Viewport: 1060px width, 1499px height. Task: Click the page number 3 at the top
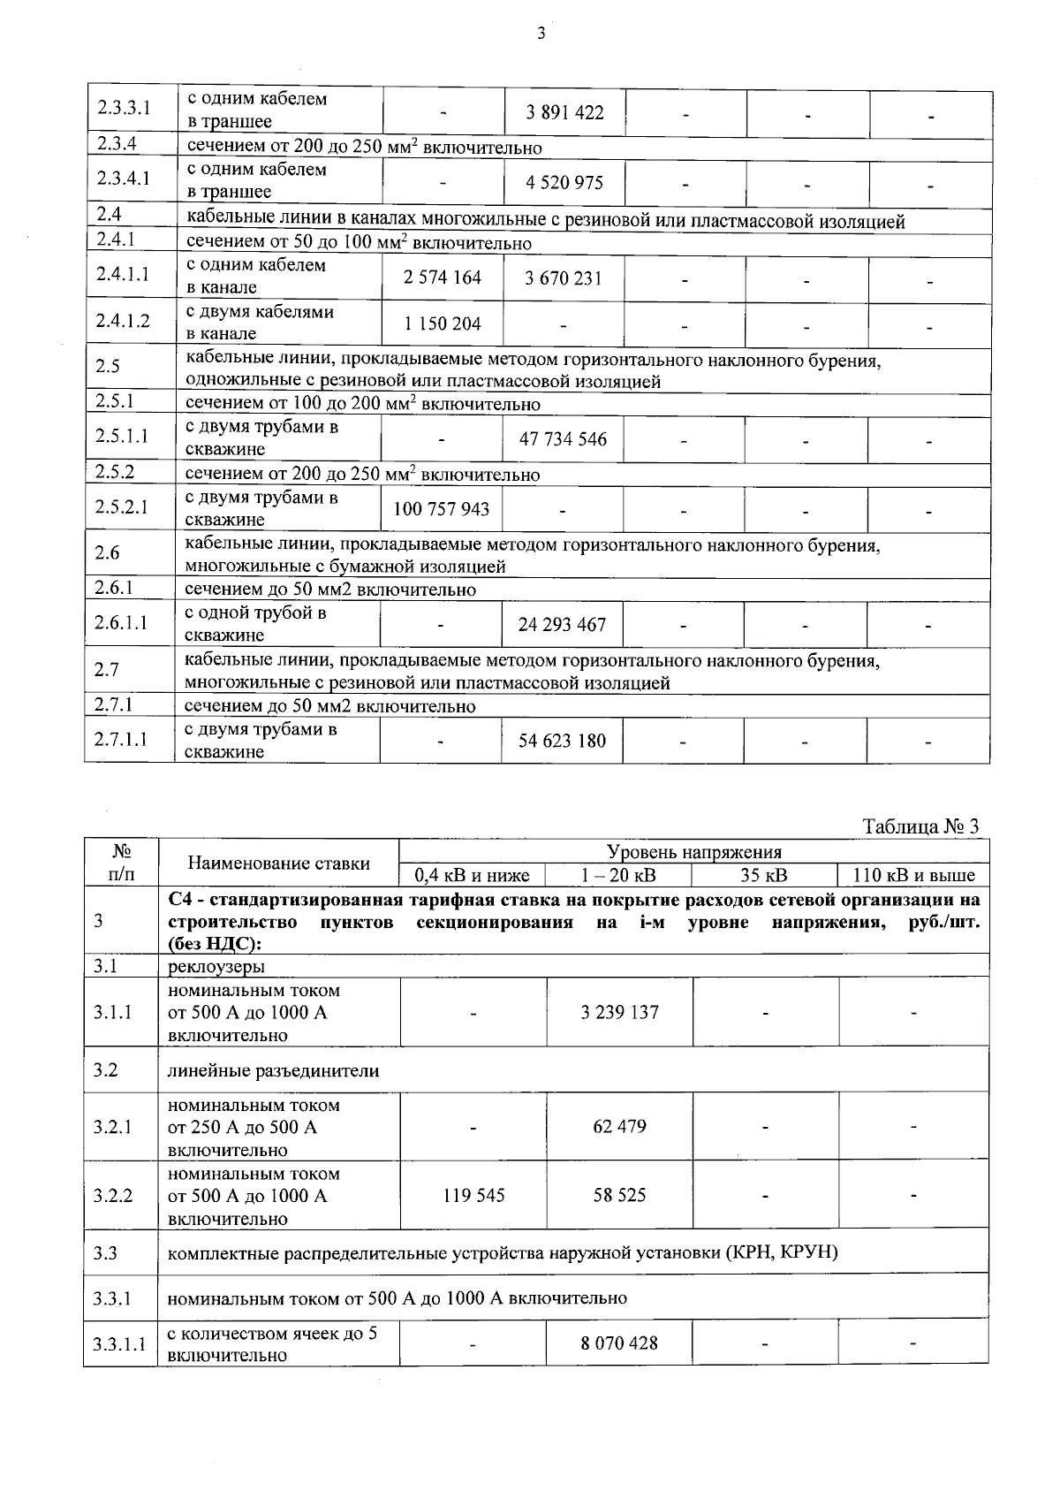coord(541,34)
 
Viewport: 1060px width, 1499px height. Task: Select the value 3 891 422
coord(564,112)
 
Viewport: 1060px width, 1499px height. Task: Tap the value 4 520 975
coord(564,183)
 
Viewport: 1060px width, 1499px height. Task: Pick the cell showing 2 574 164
coord(443,278)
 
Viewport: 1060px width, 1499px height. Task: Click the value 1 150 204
coord(443,323)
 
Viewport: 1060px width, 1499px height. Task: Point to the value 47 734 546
coord(563,439)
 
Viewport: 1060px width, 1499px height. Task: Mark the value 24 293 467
coord(562,625)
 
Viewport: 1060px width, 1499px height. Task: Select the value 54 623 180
coord(562,741)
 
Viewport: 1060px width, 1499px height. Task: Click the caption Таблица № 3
coord(921,827)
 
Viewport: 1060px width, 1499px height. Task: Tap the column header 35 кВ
coord(764,876)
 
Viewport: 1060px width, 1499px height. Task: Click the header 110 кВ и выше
coord(913,876)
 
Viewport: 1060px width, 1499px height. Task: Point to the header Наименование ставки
coord(279,864)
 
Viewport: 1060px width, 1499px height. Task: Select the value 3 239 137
coord(619,1013)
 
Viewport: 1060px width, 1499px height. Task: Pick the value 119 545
coord(473,1196)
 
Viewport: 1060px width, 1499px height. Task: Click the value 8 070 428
coord(619,1343)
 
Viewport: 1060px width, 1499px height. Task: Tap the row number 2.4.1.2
coord(123,321)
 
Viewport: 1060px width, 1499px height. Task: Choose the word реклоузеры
coord(216,966)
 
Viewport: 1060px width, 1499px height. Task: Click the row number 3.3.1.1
coord(119,1344)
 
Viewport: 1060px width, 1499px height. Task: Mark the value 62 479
coord(619,1127)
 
